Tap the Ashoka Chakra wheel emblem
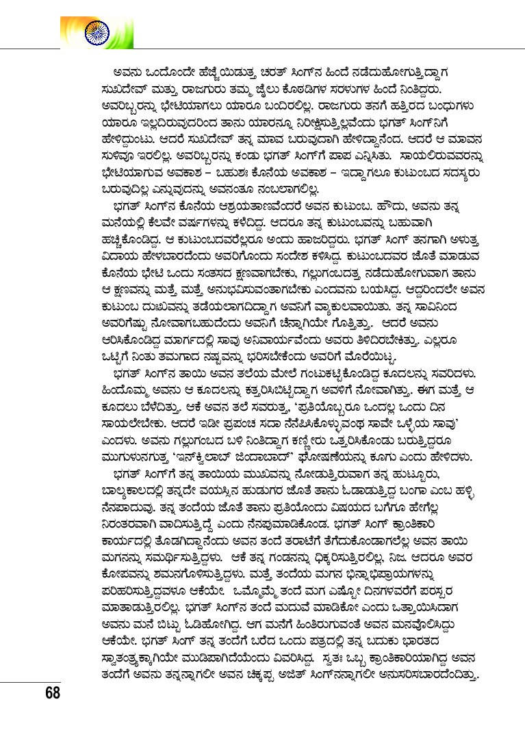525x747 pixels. pyautogui.click(x=95, y=32)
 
